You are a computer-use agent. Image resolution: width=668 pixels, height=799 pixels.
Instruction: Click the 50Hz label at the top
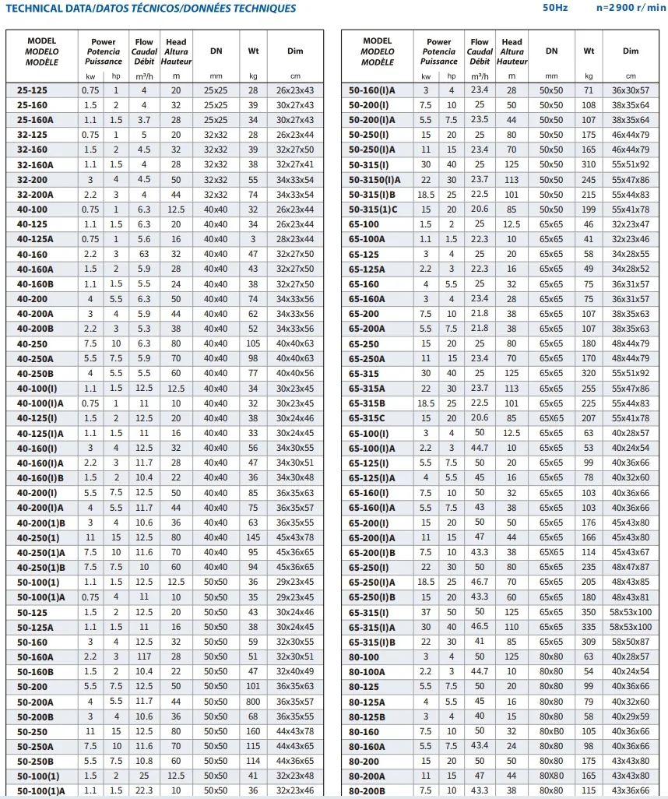555,9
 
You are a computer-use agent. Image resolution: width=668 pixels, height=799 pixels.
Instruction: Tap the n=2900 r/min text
631,9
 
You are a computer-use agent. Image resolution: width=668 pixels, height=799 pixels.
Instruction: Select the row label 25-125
32,90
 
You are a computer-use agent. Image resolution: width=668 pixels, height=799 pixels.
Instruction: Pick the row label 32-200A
36,195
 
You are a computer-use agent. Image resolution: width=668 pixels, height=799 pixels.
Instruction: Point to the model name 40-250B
36,374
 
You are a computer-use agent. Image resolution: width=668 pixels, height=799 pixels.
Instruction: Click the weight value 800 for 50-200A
253,701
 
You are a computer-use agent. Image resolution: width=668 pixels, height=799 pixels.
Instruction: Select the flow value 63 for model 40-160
144,255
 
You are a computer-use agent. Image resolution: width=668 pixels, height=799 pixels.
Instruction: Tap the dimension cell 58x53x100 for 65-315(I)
631,612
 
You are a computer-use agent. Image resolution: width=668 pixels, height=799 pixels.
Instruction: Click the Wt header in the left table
253,51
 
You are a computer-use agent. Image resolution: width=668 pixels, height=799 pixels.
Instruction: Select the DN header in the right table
551,51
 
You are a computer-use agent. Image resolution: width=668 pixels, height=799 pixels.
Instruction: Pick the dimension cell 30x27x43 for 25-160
295,105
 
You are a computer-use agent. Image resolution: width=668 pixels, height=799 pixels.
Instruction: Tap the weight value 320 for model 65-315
589,374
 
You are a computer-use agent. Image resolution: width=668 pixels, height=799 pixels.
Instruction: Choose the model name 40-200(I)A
41,508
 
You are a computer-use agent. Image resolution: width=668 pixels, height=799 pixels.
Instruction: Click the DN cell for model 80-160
551,731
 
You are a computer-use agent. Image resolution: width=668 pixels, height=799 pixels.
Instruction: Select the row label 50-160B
36,671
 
